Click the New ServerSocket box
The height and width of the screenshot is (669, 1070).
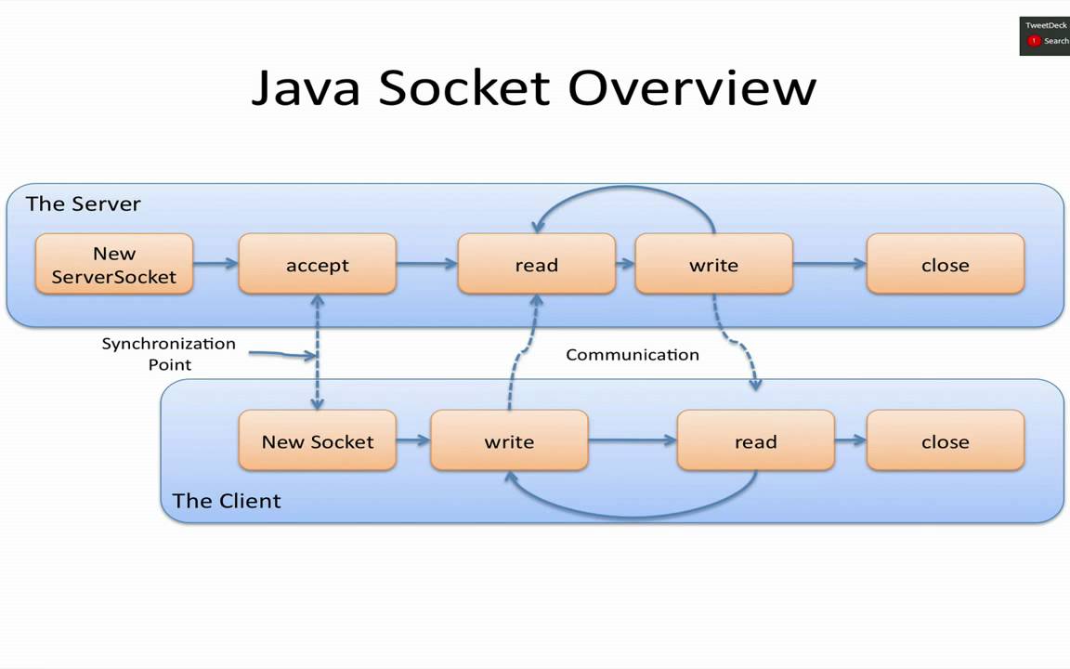point(114,265)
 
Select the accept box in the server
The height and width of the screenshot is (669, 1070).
point(317,265)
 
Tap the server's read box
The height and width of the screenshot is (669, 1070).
point(536,265)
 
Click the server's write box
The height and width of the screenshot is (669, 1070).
point(713,265)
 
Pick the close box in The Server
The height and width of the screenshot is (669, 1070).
point(945,265)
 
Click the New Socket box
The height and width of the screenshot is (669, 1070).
point(317,441)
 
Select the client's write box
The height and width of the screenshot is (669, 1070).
point(509,441)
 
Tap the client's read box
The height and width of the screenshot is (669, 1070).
point(755,441)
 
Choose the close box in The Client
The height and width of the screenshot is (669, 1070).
point(945,441)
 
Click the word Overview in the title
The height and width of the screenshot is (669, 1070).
point(692,88)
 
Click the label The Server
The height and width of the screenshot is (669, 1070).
point(83,203)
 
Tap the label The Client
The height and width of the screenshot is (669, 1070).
point(226,501)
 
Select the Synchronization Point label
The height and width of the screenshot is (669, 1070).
point(168,354)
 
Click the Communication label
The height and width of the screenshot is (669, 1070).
point(632,355)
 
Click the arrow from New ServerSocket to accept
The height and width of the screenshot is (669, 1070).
point(215,264)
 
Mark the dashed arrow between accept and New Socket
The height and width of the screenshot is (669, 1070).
point(317,372)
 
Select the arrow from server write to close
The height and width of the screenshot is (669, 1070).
point(829,264)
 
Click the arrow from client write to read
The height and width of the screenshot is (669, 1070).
point(632,440)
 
